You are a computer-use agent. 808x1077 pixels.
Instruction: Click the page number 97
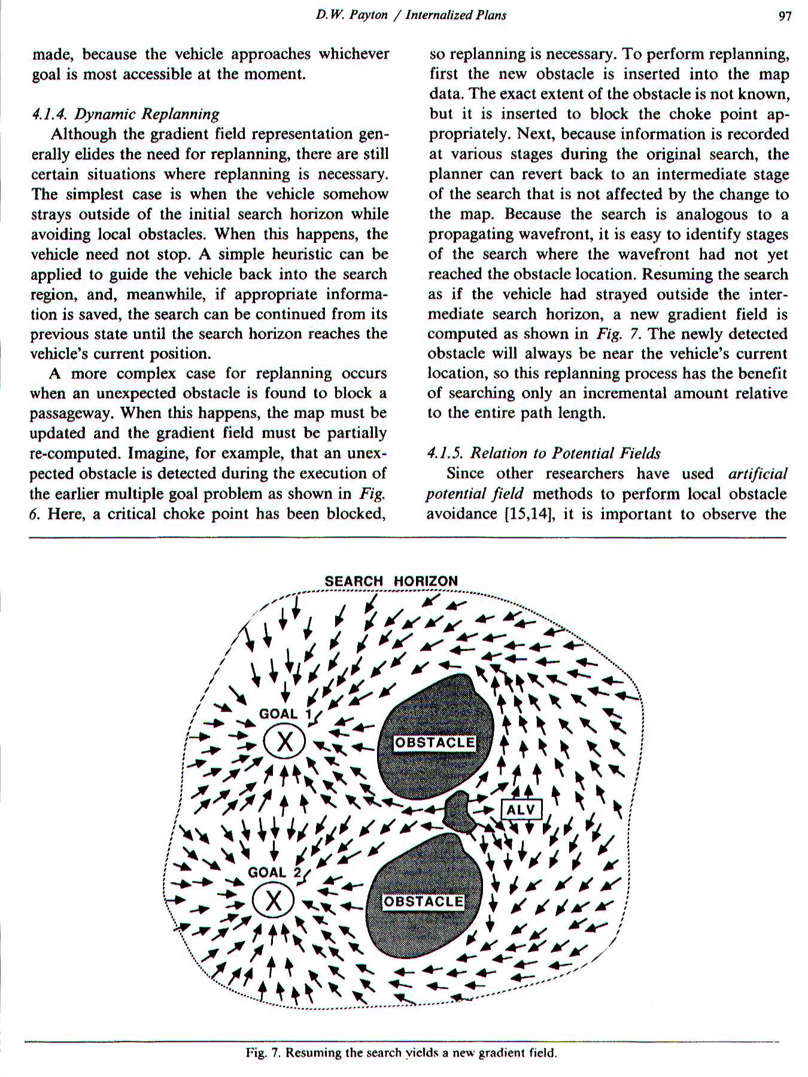[785, 16]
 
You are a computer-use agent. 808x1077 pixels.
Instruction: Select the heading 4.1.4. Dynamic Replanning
[126, 114]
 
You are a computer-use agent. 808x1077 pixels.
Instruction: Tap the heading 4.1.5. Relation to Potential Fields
[543, 453]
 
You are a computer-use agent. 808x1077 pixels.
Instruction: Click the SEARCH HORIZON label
[391, 581]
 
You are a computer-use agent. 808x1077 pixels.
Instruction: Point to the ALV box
[521, 810]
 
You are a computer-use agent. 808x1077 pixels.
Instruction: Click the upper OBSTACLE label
[434, 743]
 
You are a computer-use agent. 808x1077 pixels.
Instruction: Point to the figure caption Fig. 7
[402, 1052]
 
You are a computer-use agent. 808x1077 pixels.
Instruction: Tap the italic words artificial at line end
[758, 474]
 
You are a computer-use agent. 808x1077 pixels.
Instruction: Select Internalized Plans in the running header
[455, 15]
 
